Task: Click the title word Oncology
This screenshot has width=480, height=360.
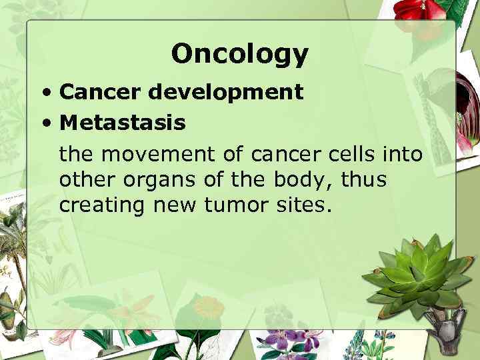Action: [x=239, y=55]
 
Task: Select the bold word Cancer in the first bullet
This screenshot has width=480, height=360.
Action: [x=101, y=92]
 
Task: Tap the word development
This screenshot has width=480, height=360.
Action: [x=226, y=92]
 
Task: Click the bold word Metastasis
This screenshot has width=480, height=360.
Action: [x=123, y=123]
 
